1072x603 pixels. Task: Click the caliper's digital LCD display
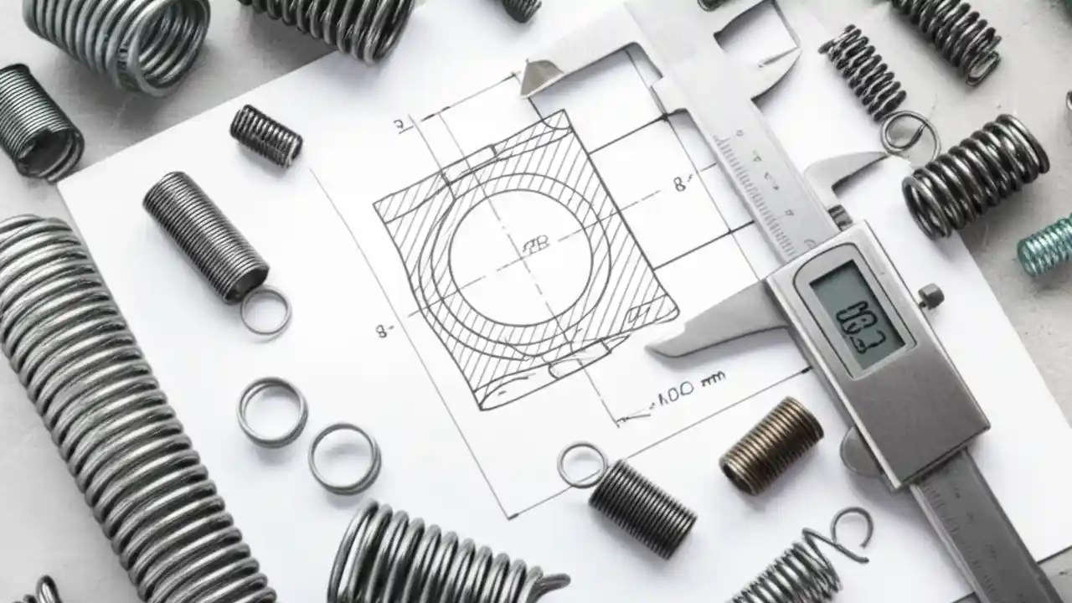pyautogui.click(x=857, y=314)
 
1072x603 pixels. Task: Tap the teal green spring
pyautogui.click(x=1047, y=245)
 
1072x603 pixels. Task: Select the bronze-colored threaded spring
pyautogui.click(x=771, y=445)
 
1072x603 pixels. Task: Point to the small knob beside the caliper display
pyautogui.click(x=930, y=296)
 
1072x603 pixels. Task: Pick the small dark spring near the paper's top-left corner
pyautogui.click(x=265, y=134)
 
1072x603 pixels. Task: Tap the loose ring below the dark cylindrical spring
pyautogui.click(x=265, y=310)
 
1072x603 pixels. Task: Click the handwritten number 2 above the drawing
pyautogui.click(x=402, y=126)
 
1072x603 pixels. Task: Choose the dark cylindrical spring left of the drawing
pyautogui.click(x=205, y=234)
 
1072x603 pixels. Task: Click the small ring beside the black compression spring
pyautogui.click(x=909, y=132)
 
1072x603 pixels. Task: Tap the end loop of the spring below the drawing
pyautogui.click(x=582, y=465)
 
